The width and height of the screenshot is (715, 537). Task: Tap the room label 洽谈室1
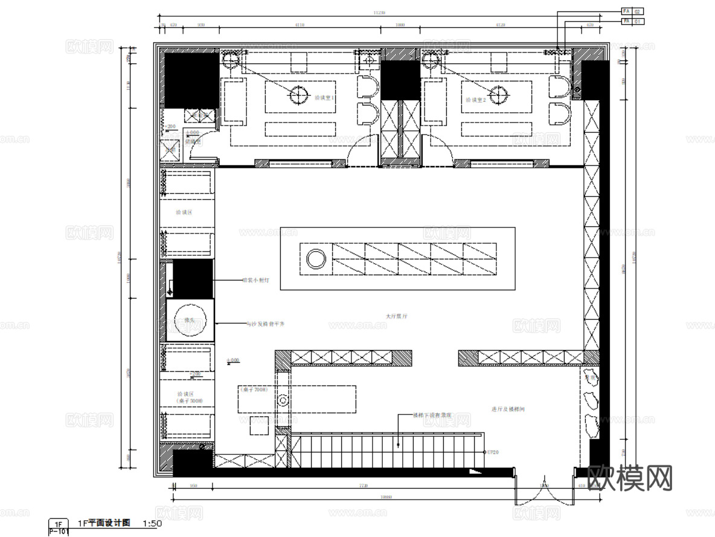(x=324, y=98)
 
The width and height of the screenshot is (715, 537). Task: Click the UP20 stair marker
(x=493, y=452)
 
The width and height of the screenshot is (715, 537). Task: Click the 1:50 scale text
(x=152, y=523)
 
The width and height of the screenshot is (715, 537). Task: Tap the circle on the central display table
(x=316, y=259)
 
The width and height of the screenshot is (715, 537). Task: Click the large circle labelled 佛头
(x=190, y=320)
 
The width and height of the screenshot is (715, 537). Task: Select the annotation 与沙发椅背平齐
(x=265, y=324)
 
